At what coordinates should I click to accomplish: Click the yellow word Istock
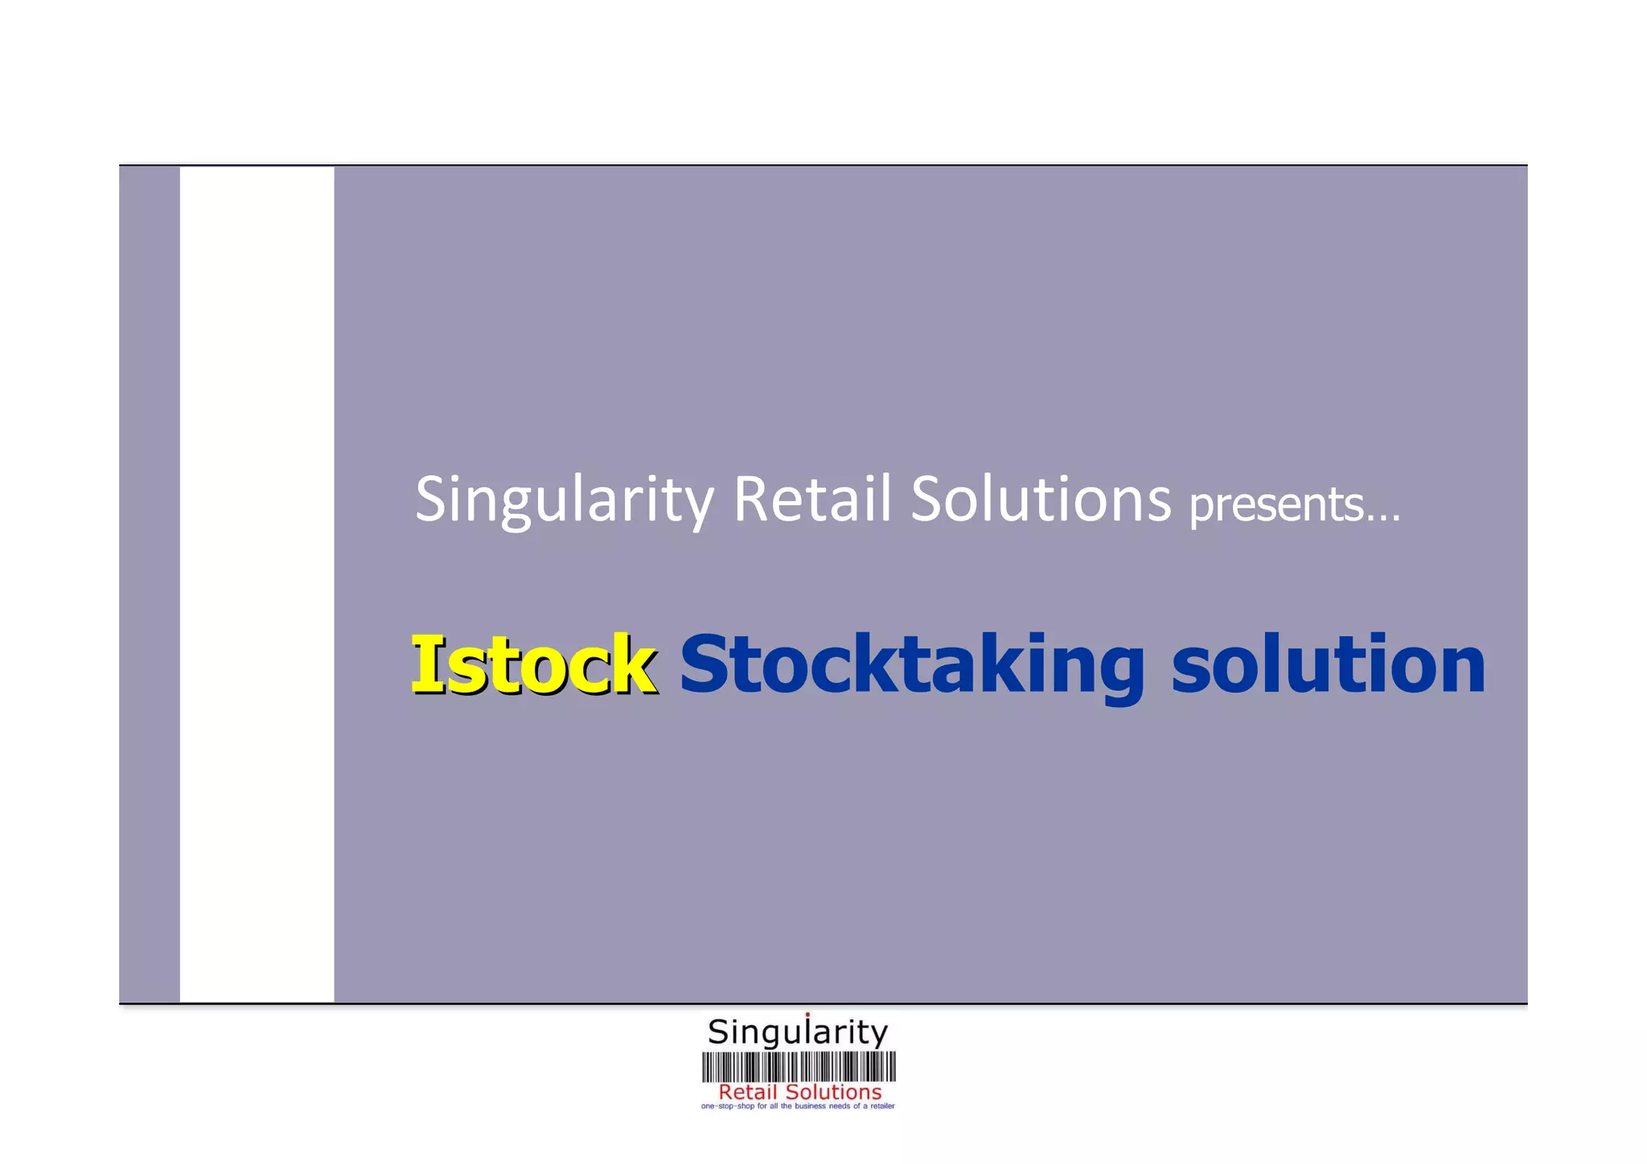[x=533, y=664]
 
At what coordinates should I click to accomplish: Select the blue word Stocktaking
[x=911, y=664]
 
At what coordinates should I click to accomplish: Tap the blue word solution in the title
[x=1328, y=664]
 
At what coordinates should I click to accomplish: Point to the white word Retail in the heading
[x=812, y=499]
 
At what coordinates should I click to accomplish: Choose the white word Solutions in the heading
[x=1041, y=499]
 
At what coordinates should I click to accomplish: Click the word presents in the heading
[x=1275, y=504]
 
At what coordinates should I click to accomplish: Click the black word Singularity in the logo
[x=797, y=1032]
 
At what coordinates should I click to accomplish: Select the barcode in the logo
[x=799, y=1067]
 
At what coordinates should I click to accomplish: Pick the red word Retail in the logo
[x=747, y=1092]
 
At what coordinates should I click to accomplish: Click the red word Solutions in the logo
[x=833, y=1092]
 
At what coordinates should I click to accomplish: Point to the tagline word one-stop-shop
[x=728, y=1107]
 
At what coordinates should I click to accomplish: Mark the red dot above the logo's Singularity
[x=807, y=1014]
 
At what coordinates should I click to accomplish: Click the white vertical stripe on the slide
[x=257, y=584]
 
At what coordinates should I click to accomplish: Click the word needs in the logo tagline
[x=840, y=1107]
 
